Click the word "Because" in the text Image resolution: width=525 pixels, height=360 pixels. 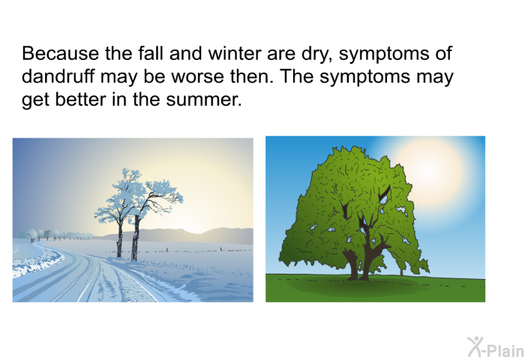coord(61,53)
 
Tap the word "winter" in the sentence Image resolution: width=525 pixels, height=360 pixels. coord(234,53)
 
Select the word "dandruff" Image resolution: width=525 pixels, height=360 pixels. coord(58,76)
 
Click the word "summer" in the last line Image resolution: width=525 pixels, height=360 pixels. coord(204,100)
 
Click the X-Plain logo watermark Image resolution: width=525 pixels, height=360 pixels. coord(496,347)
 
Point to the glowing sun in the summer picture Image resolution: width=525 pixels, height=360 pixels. coord(427,171)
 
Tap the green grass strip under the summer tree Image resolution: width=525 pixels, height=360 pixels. coord(375,289)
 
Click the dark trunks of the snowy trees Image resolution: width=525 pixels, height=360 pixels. coord(128,238)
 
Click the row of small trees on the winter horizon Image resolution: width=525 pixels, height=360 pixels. coord(53,235)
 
